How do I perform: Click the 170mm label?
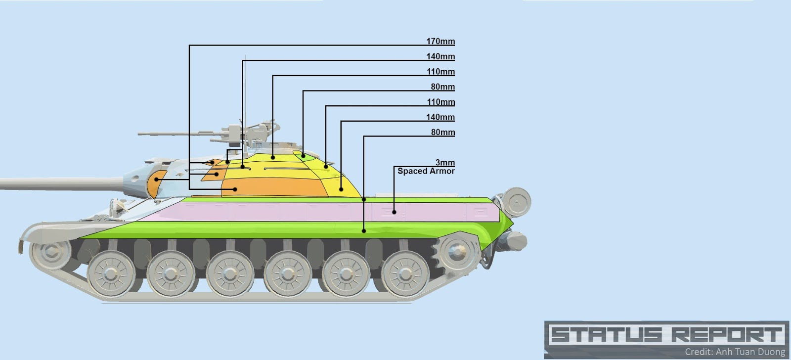tap(440, 42)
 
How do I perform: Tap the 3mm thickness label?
tap(445, 163)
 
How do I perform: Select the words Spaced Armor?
tap(426, 171)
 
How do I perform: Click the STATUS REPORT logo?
tap(666, 334)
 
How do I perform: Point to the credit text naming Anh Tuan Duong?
tap(735, 352)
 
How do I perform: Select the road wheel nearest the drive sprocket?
tap(405, 273)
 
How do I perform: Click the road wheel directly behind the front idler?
tap(111, 273)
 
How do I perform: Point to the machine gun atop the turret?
tap(208, 133)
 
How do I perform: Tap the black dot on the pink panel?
tap(394, 212)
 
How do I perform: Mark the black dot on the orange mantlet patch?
tap(156, 179)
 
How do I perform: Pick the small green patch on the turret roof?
tap(303, 156)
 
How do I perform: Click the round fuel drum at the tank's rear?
tap(517, 202)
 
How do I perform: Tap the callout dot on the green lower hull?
tap(364, 230)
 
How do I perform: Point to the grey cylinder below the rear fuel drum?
tap(514, 242)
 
